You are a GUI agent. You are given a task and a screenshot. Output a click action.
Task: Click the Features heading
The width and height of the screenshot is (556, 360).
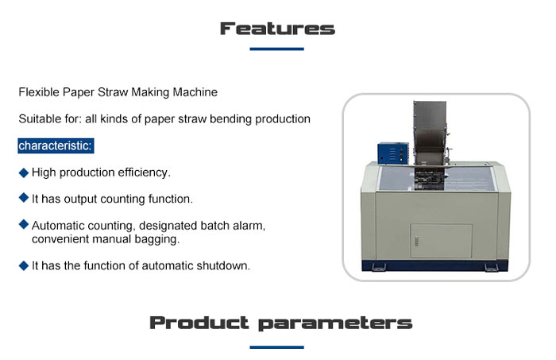pyautogui.click(x=277, y=29)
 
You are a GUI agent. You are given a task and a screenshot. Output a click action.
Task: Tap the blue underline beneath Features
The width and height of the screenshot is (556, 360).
pyautogui.click(x=276, y=49)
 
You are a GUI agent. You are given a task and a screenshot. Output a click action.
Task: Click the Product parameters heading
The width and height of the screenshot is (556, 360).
pyautogui.click(x=281, y=323)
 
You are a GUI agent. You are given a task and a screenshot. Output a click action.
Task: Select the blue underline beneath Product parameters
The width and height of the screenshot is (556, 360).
pyautogui.click(x=276, y=347)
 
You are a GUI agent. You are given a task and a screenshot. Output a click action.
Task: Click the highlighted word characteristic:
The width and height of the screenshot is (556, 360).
pyautogui.click(x=56, y=145)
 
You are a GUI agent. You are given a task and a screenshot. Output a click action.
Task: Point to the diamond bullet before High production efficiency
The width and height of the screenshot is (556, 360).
pyautogui.click(x=23, y=172)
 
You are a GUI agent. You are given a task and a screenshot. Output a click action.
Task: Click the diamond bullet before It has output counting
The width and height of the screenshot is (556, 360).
pyautogui.click(x=23, y=198)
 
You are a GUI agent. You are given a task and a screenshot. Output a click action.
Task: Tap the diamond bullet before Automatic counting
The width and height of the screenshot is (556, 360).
pyautogui.click(x=23, y=224)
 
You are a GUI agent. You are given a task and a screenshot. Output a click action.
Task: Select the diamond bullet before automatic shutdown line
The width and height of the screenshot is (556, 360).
pyautogui.click(x=23, y=265)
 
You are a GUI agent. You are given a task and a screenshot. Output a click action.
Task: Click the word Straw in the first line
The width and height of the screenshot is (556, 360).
pyautogui.click(x=113, y=92)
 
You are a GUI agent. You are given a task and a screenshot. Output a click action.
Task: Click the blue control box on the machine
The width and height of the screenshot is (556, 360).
pyautogui.click(x=393, y=153)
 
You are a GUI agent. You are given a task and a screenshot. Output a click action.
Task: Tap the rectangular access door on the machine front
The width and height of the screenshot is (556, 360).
pyautogui.click(x=441, y=241)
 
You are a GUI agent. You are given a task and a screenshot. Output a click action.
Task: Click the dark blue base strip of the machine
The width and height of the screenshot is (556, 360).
pyautogui.click(x=434, y=265)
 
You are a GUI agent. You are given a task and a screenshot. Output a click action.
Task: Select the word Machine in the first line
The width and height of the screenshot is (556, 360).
pyautogui.click(x=195, y=92)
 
